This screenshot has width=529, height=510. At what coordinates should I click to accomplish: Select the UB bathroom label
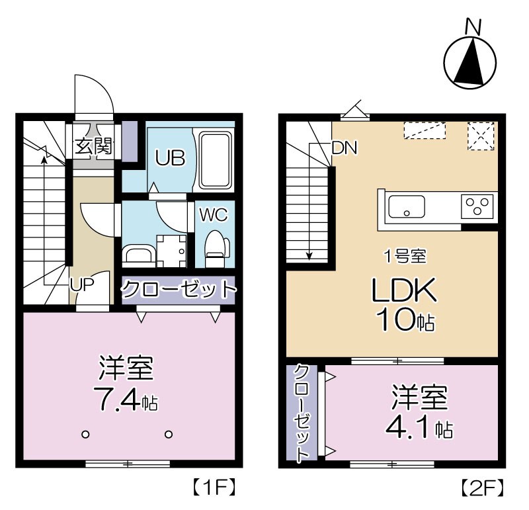(x=170, y=158)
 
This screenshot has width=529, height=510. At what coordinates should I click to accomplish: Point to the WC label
(x=214, y=215)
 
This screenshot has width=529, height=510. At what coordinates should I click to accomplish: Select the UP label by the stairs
(x=83, y=283)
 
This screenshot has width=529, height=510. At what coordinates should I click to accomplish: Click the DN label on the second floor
(x=344, y=148)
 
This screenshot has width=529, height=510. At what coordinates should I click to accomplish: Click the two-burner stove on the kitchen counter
(x=479, y=206)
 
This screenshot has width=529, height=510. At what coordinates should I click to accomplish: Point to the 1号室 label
(x=405, y=255)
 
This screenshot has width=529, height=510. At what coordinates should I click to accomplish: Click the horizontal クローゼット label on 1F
(x=179, y=289)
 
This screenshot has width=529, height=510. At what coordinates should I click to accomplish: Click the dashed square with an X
(x=481, y=136)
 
